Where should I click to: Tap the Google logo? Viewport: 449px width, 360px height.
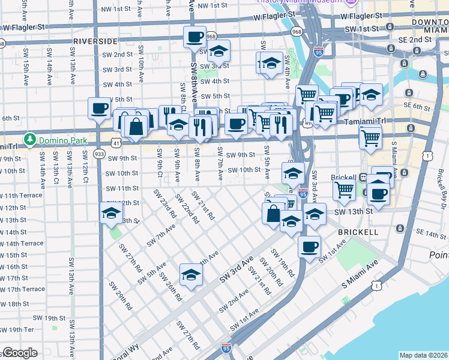(20, 353)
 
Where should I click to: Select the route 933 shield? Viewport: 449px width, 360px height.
(100, 154)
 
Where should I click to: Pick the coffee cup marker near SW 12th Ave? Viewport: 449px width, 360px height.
(100, 109)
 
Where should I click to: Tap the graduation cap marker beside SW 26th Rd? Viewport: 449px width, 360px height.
(191, 274)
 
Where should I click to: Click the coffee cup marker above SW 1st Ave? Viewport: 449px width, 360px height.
(309, 246)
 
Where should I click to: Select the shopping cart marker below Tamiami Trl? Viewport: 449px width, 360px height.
(370, 137)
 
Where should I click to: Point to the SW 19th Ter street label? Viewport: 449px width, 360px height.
(16, 329)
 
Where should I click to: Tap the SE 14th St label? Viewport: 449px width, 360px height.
(427, 233)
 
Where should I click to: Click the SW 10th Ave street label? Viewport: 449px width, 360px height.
(140, 70)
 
